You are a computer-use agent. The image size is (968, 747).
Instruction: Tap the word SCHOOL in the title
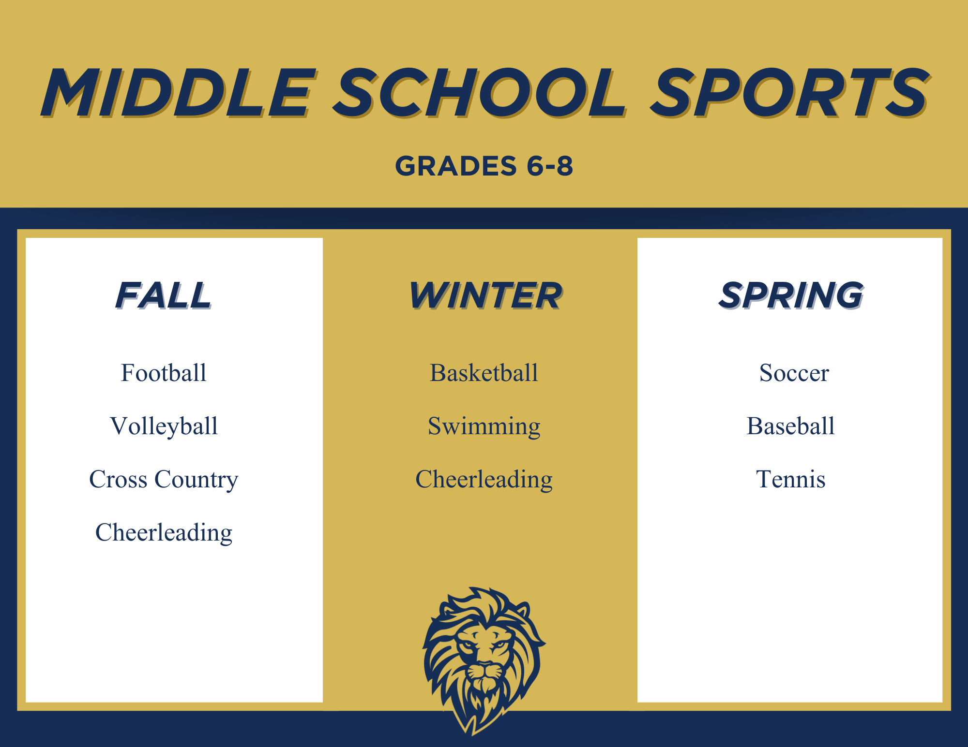coord(479,92)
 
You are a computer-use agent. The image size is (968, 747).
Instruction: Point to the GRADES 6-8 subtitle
coord(484,166)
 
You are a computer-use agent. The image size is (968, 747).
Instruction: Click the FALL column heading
coord(164,295)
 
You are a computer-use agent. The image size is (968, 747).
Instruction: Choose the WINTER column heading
coord(485,295)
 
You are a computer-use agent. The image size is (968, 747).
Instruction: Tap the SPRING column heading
coord(791,295)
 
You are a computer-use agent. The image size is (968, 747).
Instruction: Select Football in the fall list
coord(164,373)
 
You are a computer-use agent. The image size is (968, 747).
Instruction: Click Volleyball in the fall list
coord(164,426)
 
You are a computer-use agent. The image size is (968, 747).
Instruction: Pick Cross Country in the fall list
coord(164,480)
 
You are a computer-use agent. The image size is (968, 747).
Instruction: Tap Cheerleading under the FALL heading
coord(164,533)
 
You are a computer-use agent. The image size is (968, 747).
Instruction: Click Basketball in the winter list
coord(484,373)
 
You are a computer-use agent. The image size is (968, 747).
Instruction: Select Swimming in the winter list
coord(484,426)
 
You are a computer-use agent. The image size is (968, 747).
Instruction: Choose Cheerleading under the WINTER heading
coord(484,480)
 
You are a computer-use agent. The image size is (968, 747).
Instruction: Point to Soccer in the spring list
coord(794,373)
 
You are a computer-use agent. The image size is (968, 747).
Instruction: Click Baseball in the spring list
coord(791,426)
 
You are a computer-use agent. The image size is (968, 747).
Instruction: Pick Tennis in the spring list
coord(791,479)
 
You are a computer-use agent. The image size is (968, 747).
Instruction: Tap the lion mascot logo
coord(484,660)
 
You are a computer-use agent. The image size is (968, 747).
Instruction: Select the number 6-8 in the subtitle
coord(550,166)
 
